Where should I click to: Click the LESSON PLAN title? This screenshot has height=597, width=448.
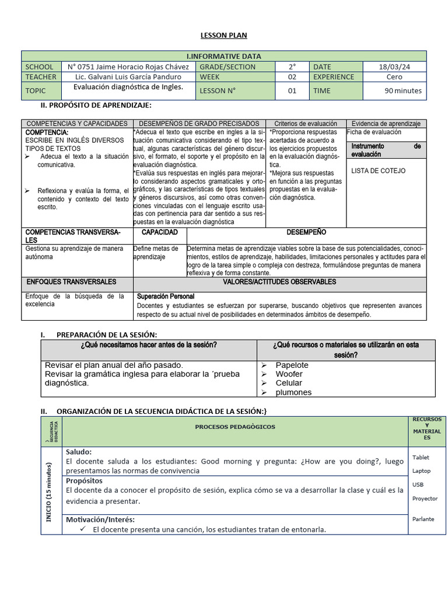pyautogui.click(x=223, y=36)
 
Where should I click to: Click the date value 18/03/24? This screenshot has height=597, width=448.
pyautogui.click(x=394, y=67)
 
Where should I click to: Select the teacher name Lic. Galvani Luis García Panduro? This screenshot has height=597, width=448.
pyautogui.click(x=128, y=77)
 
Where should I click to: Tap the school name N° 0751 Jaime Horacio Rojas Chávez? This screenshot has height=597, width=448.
pyautogui.click(x=128, y=67)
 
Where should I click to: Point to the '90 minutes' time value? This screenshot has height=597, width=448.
pyautogui.click(x=403, y=90)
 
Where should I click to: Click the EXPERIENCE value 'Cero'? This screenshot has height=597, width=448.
pyautogui.click(x=394, y=77)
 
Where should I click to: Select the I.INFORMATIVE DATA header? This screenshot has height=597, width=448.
pyautogui.click(x=223, y=57)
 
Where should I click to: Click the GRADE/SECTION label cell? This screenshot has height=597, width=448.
pyautogui.click(x=228, y=67)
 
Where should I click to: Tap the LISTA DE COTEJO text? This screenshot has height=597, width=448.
pyautogui.click(x=379, y=171)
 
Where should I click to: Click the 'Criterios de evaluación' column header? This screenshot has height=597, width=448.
pyautogui.click(x=306, y=124)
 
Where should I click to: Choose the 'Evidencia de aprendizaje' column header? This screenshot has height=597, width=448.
pyautogui.click(x=386, y=124)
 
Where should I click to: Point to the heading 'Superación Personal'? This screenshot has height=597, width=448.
pyautogui.click(x=165, y=296)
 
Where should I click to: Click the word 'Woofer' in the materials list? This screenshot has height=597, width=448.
pyautogui.click(x=289, y=374)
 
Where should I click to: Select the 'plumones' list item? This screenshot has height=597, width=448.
pyautogui.click(x=293, y=392)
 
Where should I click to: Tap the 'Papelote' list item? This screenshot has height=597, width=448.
pyautogui.click(x=292, y=365)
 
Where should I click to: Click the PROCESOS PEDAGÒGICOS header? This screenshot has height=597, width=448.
pyautogui.click(x=235, y=427)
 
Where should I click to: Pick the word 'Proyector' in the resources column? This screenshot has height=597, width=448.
pyautogui.click(x=425, y=498)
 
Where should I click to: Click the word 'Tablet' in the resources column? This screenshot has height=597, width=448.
pyautogui.click(x=421, y=458)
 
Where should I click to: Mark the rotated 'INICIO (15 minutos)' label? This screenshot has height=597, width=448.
pyautogui.click(x=51, y=491)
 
